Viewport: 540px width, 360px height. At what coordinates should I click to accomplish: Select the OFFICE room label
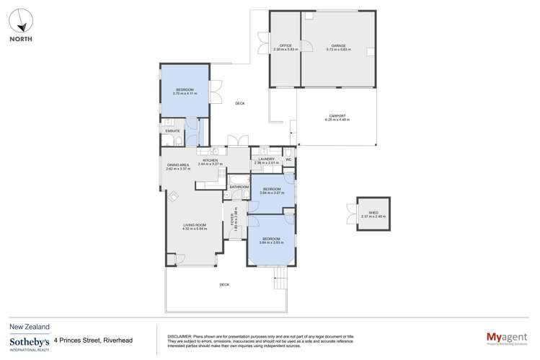pos(285,44)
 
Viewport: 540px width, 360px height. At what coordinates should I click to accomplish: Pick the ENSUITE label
pos(172,131)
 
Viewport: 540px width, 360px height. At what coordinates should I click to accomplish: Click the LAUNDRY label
pos(266,159)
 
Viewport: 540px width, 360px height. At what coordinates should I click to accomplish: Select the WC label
pos(298,159)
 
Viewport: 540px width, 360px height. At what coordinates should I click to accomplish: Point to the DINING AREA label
pos(178,165)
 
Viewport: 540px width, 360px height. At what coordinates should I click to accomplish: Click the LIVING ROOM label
pos(195,225)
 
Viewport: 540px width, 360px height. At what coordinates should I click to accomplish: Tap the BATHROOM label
pos(239,187)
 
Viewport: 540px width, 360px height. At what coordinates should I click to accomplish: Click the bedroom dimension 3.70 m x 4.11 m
pos(185,94)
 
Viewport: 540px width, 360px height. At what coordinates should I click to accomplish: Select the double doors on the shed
pos(350,214)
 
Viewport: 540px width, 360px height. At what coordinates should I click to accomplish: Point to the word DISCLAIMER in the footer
pos(178,335)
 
